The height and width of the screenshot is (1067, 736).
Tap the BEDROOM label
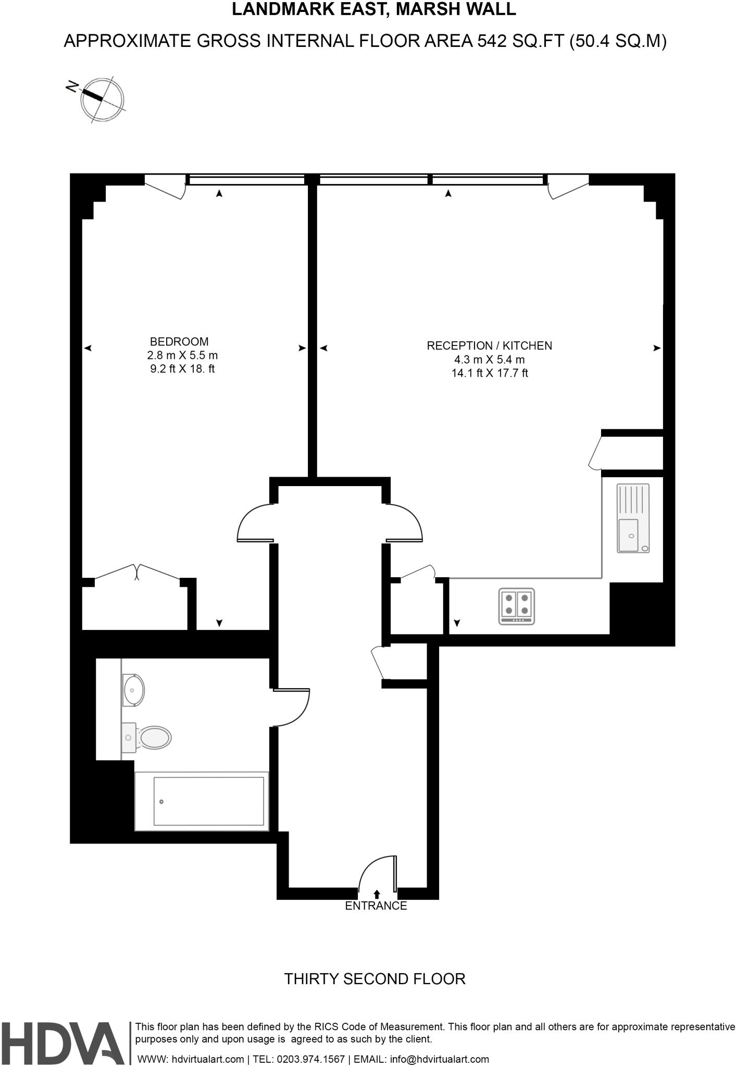pyautogui.click(x=179, y=342)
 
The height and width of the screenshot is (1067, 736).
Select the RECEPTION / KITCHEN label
pyautogui.click(x=489, y=345)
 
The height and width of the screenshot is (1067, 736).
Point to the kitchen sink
pyautogui.click(x=633, y=518)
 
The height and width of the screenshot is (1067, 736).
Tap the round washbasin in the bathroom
pyautogui.click(x=133, y=690)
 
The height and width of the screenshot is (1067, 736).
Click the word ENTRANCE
pyautogui.click(x=376, y=905)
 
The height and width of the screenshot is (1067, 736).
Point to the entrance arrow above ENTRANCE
pyautogui.click(x=377, y=894)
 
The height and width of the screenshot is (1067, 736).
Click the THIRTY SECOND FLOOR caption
pyautogui.click(x=375, y=978)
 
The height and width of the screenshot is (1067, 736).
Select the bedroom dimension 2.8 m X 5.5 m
pyautogui.click(x=182, y=355)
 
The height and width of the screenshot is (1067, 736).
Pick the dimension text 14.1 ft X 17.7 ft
pyautogui.click(x=490, y=373)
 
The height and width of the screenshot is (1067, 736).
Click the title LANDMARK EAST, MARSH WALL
pyautogui.click(x=373, y=9)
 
